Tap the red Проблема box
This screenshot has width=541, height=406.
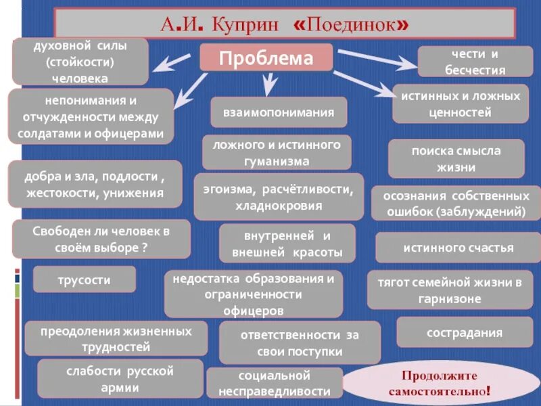tap(266, 58)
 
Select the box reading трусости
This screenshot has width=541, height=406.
tap(85, 279)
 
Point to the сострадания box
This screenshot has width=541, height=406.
tap(464, 332)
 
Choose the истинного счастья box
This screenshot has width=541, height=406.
tap(458, 247)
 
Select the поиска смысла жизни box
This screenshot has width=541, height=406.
tap(456, 159)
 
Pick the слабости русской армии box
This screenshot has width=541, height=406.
tap(120, 379)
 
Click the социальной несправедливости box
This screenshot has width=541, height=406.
tap(274, 383)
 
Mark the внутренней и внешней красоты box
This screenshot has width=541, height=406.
tap(288, 244)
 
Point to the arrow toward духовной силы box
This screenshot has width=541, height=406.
tap(175, 62)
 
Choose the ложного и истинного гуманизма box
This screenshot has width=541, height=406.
tap(277, 152)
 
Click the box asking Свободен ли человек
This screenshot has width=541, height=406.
tap(101, 238)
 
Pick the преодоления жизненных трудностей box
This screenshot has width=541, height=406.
tap(116, 339)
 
